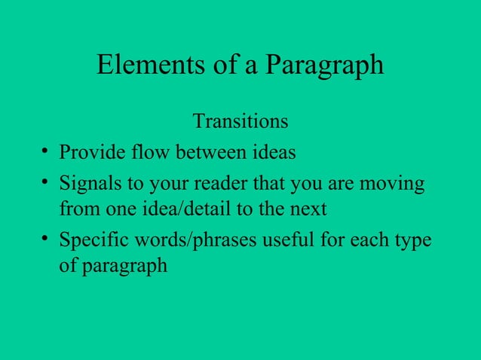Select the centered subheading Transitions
(240, 121)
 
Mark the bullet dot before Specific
(47, 241)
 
